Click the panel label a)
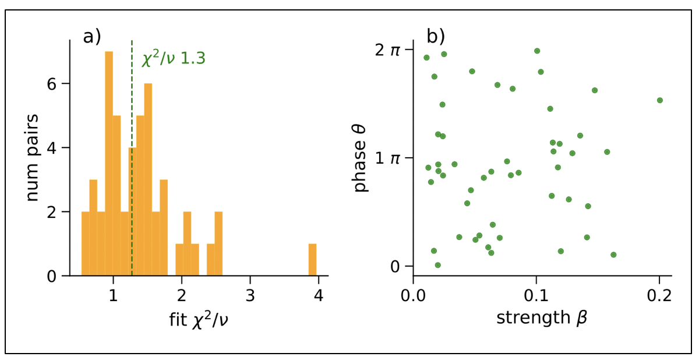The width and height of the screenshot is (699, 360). click(x=92, y=37)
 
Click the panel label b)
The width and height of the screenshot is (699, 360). click(x=436, y=37)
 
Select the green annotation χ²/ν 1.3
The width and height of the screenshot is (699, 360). click(x=174, y=59)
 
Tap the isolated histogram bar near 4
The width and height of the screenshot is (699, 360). click(x=313, y=260)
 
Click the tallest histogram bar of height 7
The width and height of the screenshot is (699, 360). click(x=109, y=163)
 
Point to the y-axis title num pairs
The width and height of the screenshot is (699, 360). click(x=33, y=157)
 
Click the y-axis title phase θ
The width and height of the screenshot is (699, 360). click(x=360, y=157)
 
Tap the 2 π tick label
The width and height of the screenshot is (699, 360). click(x=387, y=51)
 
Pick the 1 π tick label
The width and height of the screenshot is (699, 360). click(x=387, y=158)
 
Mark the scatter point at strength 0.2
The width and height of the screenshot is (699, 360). click(x=659, y=100)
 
